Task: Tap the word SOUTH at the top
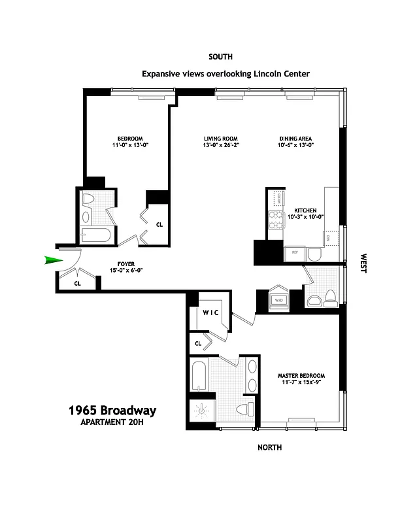tap(220, 57)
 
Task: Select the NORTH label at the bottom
tap(269, 447)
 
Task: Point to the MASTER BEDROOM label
tap(301, 379)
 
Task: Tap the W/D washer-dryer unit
tap(278, 301)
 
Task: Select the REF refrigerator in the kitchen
tap(294, 252)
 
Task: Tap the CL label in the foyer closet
tap(77, 284)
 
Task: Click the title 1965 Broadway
tap(112, 411)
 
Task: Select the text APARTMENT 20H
tap(112, 424)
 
